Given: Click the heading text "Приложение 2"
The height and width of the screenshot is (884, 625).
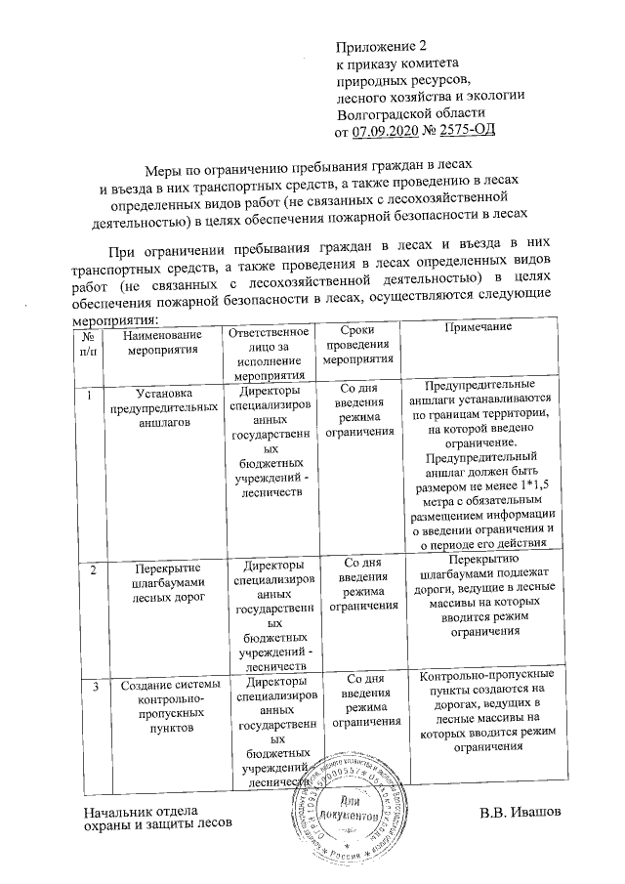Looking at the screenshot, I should [382, 46].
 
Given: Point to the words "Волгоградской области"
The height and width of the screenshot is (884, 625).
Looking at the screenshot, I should [402, 112].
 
